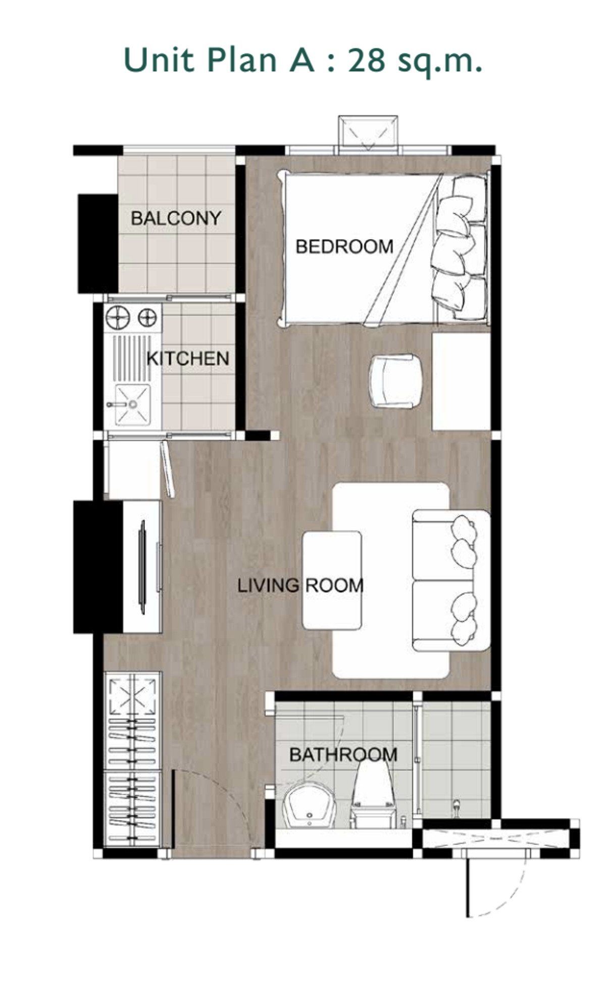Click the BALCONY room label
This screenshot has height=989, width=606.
pyautogui.click(x=176, y=218)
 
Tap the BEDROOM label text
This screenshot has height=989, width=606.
pyautogui.click(x=344, y=247)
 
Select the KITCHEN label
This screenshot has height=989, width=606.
pyautogui.click(x=188, y=359)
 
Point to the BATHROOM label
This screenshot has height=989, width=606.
pyautogui.click(x=343, y=755)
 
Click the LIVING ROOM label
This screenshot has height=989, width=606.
pyautogui.click(x=300, y=586)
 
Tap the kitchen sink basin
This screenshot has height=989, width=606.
pyautogui.click(x=133, y=404)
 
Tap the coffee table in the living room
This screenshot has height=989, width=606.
pyautogui.click(x=332, y=580)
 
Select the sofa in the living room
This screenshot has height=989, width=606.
pyautogui.click(x=451, y=580)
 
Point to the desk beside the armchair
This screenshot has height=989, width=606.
pyautogui.click(x=462, y=382)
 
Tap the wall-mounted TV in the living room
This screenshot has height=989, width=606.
pyautogui.click(x=143, y=567)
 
